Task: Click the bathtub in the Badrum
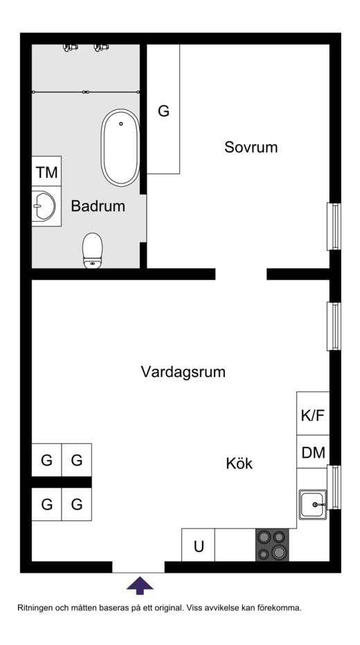pyautogui.click(x=120, y=148)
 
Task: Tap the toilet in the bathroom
pyautogui.click(x=93, y=251)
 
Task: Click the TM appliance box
pyautogui.click(x=46, y=171)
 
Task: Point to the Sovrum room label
pyautogui.click(x=251, y=147)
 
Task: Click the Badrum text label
pyautogui.click(x=98, y=206)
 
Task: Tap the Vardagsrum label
pyautogui.click(x=183, y=372)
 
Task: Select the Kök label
pyautogui.click(x=239, y=463)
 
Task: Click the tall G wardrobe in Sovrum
pyautogui.click(x=163, y=109)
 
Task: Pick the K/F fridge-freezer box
pyautogui.click(x=313, y=413)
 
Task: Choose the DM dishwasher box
pyautogui.click(x=313, y=452)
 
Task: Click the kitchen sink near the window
pyautogui.click(x=313, y=504)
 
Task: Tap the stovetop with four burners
pyautogui.click(x=272, y=545)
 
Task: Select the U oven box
pyautogui.click(x=198, y=545)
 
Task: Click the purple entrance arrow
pyautogui.click(x=140, y=585)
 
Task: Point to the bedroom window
pyautogui.click(x=333, y=227)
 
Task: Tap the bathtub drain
pyautogui.click(x=121, y=123)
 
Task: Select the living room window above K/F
pyautogui.click(x=333, y=326)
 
